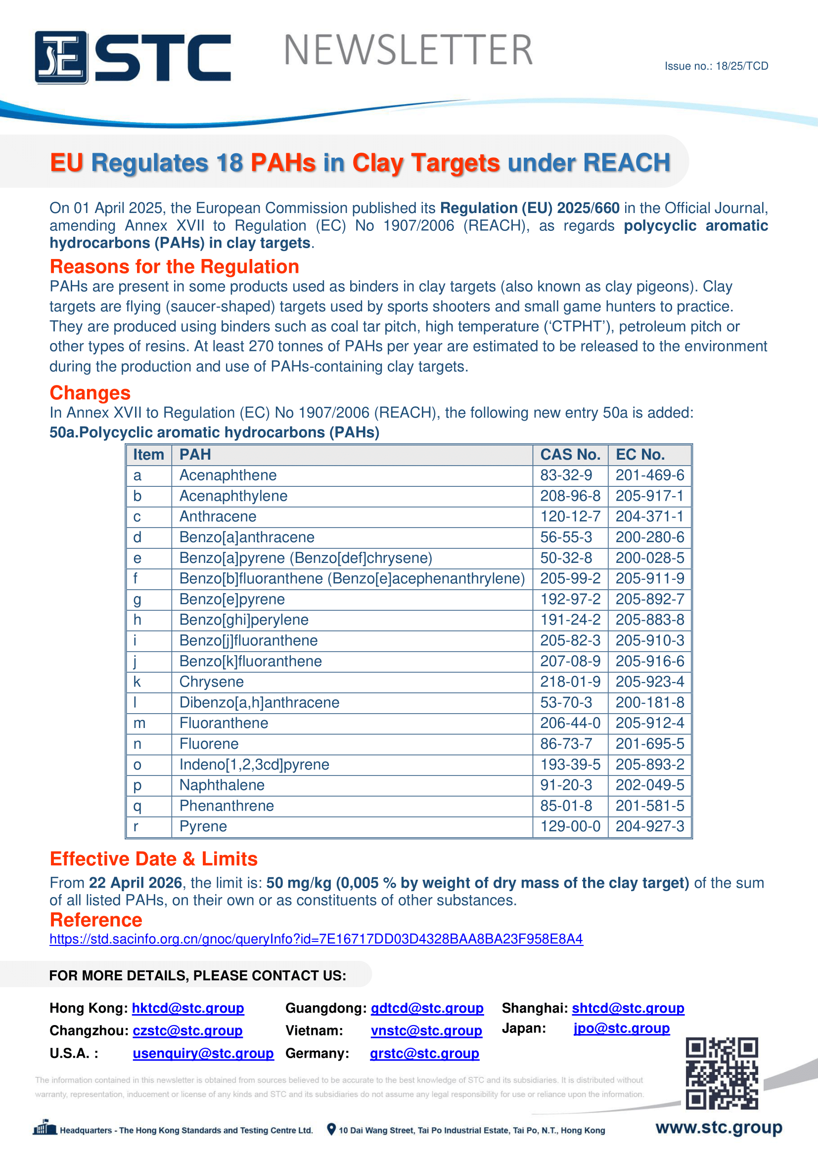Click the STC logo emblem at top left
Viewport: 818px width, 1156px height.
pyautogui.click(x=61, y=57)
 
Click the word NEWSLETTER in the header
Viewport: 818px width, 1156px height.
pyautogui.click(x=408, y=50)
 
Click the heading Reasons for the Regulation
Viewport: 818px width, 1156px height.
pyautogui.click(x=174, y=266)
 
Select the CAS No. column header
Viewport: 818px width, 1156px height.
pyautogui.click(x=570, y=455)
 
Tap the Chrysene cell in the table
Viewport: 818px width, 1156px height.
pyautogui.click(x=212, y=682)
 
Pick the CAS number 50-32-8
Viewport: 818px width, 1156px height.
pyautogui.click(x=566, y=558)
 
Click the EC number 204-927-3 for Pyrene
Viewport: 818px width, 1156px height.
pyautogui.click(x=649, y=826)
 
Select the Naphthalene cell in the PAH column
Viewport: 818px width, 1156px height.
pyautogui.click(x=222, y=785)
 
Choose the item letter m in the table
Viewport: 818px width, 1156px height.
pyautogui.click(x=139, y=723)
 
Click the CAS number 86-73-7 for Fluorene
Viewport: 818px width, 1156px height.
pyautogui.click(x=566, y=744)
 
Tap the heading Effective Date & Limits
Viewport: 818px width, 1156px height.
pyautogui.click(x=154, y=859)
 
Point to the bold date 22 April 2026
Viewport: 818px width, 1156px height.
pyautogui.click(x=135, y=883)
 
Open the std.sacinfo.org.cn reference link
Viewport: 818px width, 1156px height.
pyautogui.click(x=316, y=939)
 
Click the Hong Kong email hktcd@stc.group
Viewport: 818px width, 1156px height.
pyautogui.click(x=188, y=1008)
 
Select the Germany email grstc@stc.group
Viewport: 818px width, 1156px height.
pyautogui.click(x=424, y=1053)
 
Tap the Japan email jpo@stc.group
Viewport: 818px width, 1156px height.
pyautogui.click(x=621, y=1028)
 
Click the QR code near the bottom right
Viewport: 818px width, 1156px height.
pyautogui.click(x=721, y=1073)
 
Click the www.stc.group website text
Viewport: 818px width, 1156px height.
pyautogui.click(x=719, y=1128)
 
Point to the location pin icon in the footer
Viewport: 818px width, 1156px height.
pyautogui.click(x=331, y=1130)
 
